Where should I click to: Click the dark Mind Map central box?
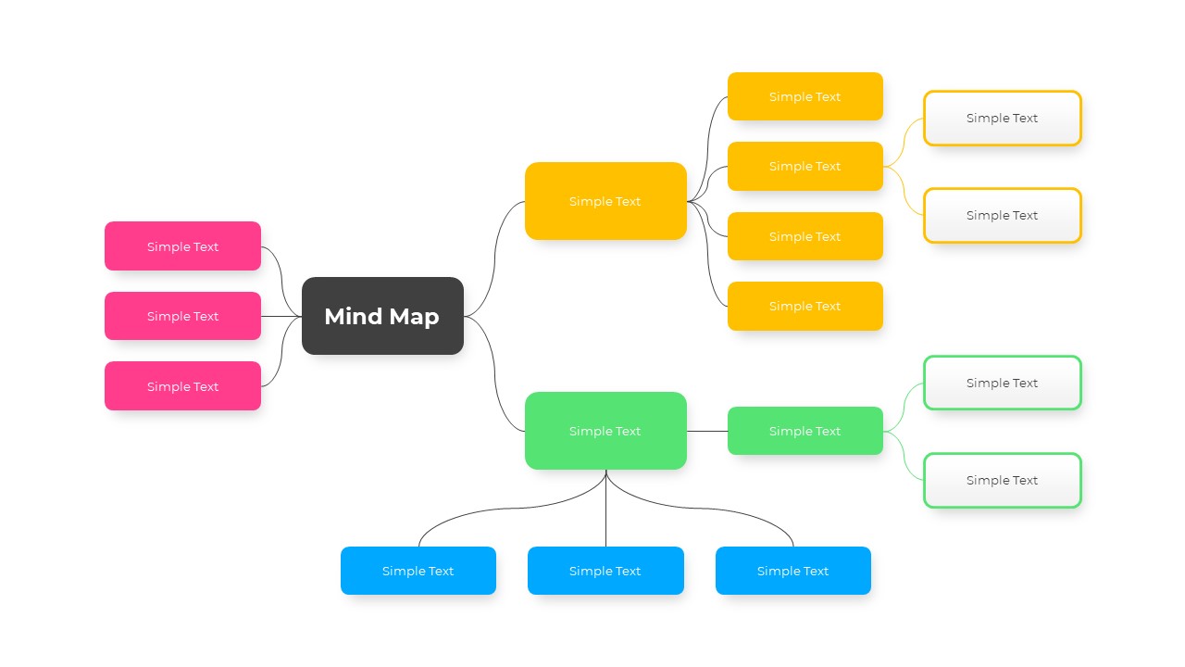coord(382,316)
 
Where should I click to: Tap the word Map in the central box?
coord(413,317)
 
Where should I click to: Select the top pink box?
coord(182,246)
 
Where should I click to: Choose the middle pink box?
coord(182,316)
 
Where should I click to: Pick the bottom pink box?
coord(182,386)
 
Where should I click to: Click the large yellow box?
coord(605,201)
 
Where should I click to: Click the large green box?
coord(605,431)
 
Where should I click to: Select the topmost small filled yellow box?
coord(805,96)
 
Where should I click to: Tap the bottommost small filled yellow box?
coord(805,306)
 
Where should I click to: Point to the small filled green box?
coord(805,431)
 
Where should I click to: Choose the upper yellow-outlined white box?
coord(1002,118)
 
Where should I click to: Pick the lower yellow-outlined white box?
coord(1002,215)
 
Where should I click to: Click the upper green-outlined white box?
coord(1002,383)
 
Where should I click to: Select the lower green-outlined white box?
coord(1002,480)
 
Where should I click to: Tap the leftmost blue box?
coord(418,571)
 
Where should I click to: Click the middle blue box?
coord(605,571)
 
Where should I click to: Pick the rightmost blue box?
coord(792,571)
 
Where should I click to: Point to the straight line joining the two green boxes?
coord(707,431)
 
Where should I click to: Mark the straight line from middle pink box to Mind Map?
coord(281,316)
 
